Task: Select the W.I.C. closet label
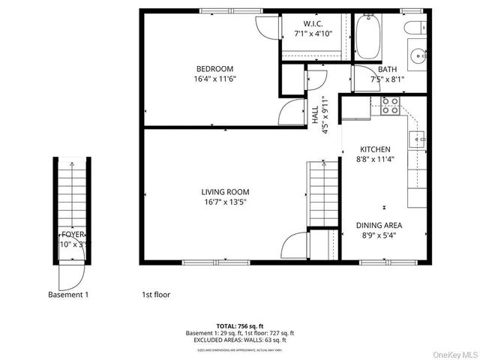coord(313,23)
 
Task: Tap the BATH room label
coord(387,70)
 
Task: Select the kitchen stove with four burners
coord(389,105)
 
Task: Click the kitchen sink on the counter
coord(418,138)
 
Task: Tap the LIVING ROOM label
coord(225,192)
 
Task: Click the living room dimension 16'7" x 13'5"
coord(225,202)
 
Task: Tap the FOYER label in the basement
coord(73,234)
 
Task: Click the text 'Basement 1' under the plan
coord(67,295)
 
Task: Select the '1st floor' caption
coord(156,295)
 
